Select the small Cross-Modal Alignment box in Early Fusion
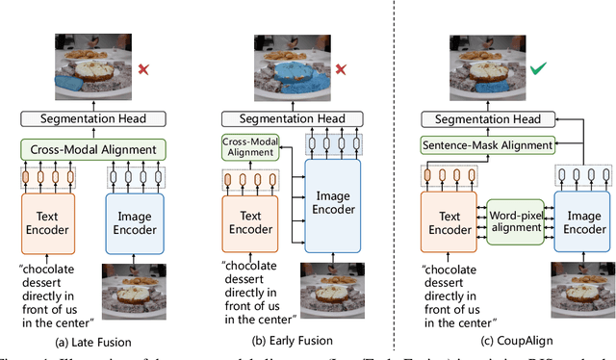pos(248,147)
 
